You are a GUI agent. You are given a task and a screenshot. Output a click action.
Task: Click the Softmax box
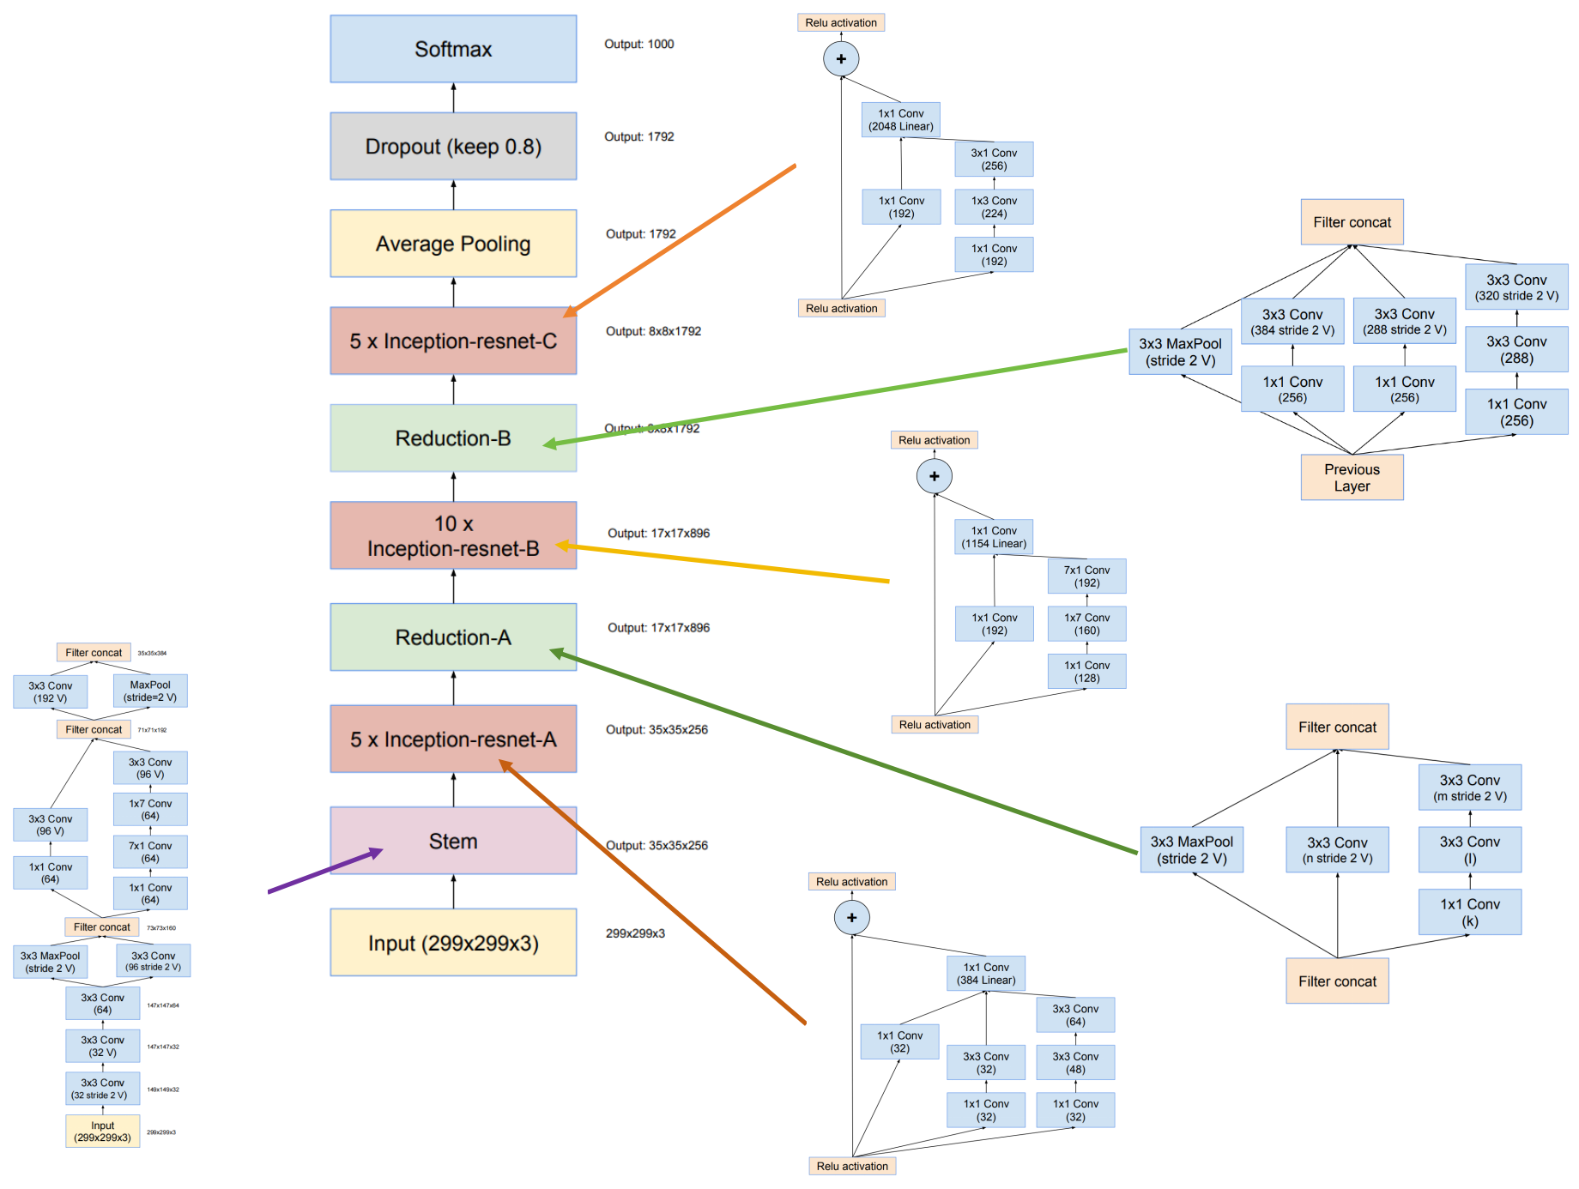453,49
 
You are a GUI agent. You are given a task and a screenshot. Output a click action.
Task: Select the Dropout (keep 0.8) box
453,146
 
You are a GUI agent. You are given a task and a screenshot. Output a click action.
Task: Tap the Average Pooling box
453,244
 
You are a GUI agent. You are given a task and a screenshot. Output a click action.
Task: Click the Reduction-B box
453,438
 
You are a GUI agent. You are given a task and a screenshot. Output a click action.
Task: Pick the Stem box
453,841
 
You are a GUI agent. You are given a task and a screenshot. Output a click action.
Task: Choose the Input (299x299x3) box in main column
453,943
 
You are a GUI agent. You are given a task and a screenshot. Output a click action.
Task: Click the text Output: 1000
638,44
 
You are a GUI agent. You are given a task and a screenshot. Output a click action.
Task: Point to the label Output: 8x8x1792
653,331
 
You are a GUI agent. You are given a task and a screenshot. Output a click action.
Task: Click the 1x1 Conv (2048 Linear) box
900,120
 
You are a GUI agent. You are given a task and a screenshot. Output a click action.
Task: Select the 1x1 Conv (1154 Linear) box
994,537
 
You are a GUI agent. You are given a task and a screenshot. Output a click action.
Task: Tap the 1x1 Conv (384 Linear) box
986,974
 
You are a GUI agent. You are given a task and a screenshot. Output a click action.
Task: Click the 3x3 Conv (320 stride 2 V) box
1516,287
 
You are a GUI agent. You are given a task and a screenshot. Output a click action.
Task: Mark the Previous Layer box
1352,478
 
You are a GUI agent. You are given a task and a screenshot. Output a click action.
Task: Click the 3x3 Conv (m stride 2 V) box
1469,788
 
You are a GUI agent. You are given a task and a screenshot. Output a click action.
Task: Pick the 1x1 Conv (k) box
1469,912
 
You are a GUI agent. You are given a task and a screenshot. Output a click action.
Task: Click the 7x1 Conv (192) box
1086,576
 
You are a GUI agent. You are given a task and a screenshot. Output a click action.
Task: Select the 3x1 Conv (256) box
994,160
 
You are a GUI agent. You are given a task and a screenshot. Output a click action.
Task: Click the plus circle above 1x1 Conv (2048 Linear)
841,59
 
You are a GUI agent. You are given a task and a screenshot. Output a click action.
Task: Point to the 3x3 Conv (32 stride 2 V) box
102,1089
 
